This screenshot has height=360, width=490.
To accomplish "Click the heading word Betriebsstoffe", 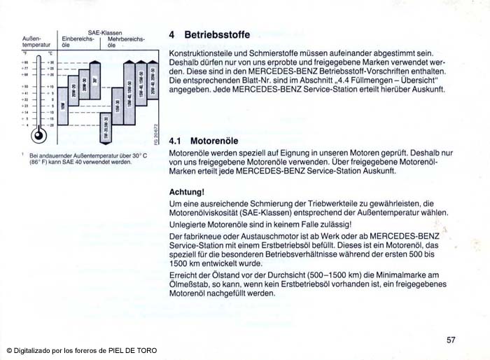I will pyautogui.click(x=217, y=34).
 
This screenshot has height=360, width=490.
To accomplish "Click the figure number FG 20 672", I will pyautogui.click(x=156, y=133).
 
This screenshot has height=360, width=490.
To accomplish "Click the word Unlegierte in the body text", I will pyautogui.click(x=190, y=223).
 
